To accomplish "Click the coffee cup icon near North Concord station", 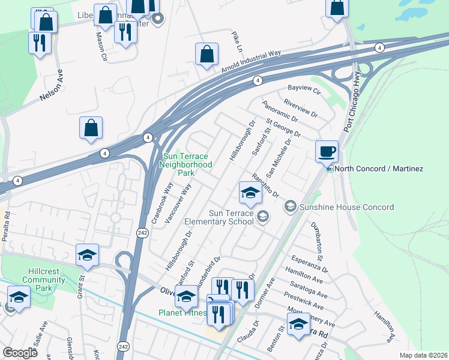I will [327, 151].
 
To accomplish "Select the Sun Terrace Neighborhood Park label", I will [188, 164].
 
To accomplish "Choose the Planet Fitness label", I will [182, 313].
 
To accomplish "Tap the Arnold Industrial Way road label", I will [251, 62].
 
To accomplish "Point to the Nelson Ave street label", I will [51, 86].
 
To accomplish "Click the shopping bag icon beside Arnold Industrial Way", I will [206, 54].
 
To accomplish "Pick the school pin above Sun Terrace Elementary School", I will [250, 193].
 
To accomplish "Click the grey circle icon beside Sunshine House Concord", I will [290, 207].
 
